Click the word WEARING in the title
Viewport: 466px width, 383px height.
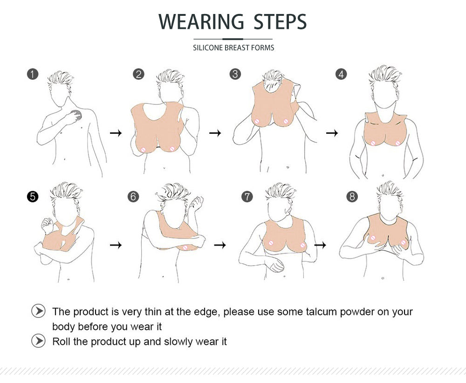point(201,21)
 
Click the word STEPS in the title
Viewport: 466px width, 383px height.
point(280,21)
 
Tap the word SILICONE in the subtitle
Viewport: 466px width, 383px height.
point(208,48)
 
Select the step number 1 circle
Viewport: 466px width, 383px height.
point(33,74)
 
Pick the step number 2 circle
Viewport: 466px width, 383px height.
point(138,74)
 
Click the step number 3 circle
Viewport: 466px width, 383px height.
point(235,74)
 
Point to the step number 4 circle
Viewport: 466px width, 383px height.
point(341,74)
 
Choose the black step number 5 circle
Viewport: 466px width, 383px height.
point(33,197)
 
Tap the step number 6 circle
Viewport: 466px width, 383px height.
point(133,197)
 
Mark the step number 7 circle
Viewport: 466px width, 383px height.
point(247,197)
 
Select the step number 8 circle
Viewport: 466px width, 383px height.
point(352,197)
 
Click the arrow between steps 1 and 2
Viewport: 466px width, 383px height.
point(116,133)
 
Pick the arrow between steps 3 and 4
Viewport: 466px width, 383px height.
point(332,133)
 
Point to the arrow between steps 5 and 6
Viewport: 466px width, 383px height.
point(116,245)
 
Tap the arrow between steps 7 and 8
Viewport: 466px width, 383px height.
point(321,245)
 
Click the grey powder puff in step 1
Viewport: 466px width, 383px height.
point(77,115)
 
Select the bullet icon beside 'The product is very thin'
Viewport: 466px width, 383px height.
point(38,311)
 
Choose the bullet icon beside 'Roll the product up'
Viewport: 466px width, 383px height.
point(38,341)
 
